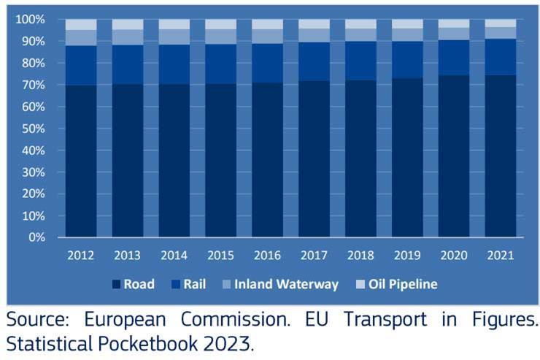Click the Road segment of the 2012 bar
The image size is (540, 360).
click(80, 161)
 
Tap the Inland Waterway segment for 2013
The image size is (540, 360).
click(127, 37)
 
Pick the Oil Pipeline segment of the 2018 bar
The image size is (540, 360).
click(360, 23)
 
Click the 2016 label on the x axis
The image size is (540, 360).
click(267, 256)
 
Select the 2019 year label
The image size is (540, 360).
click(407, 256)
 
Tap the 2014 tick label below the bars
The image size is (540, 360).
click(174, 256)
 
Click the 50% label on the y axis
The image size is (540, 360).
click(33, 129)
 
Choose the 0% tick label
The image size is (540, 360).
click(36, 238)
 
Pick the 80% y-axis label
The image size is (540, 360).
click(33, 63)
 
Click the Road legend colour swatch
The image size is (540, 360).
click(116, 284)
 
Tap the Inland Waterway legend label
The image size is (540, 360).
click(296, 284)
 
